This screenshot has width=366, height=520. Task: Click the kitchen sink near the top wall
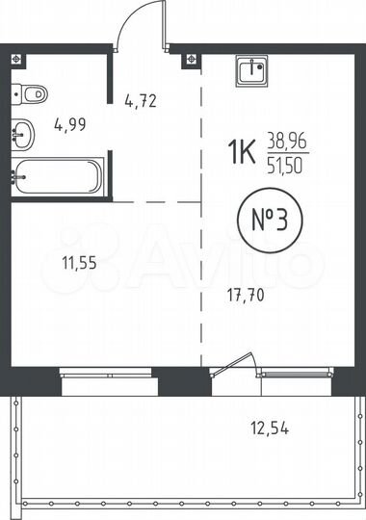click(x=255, y=70)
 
